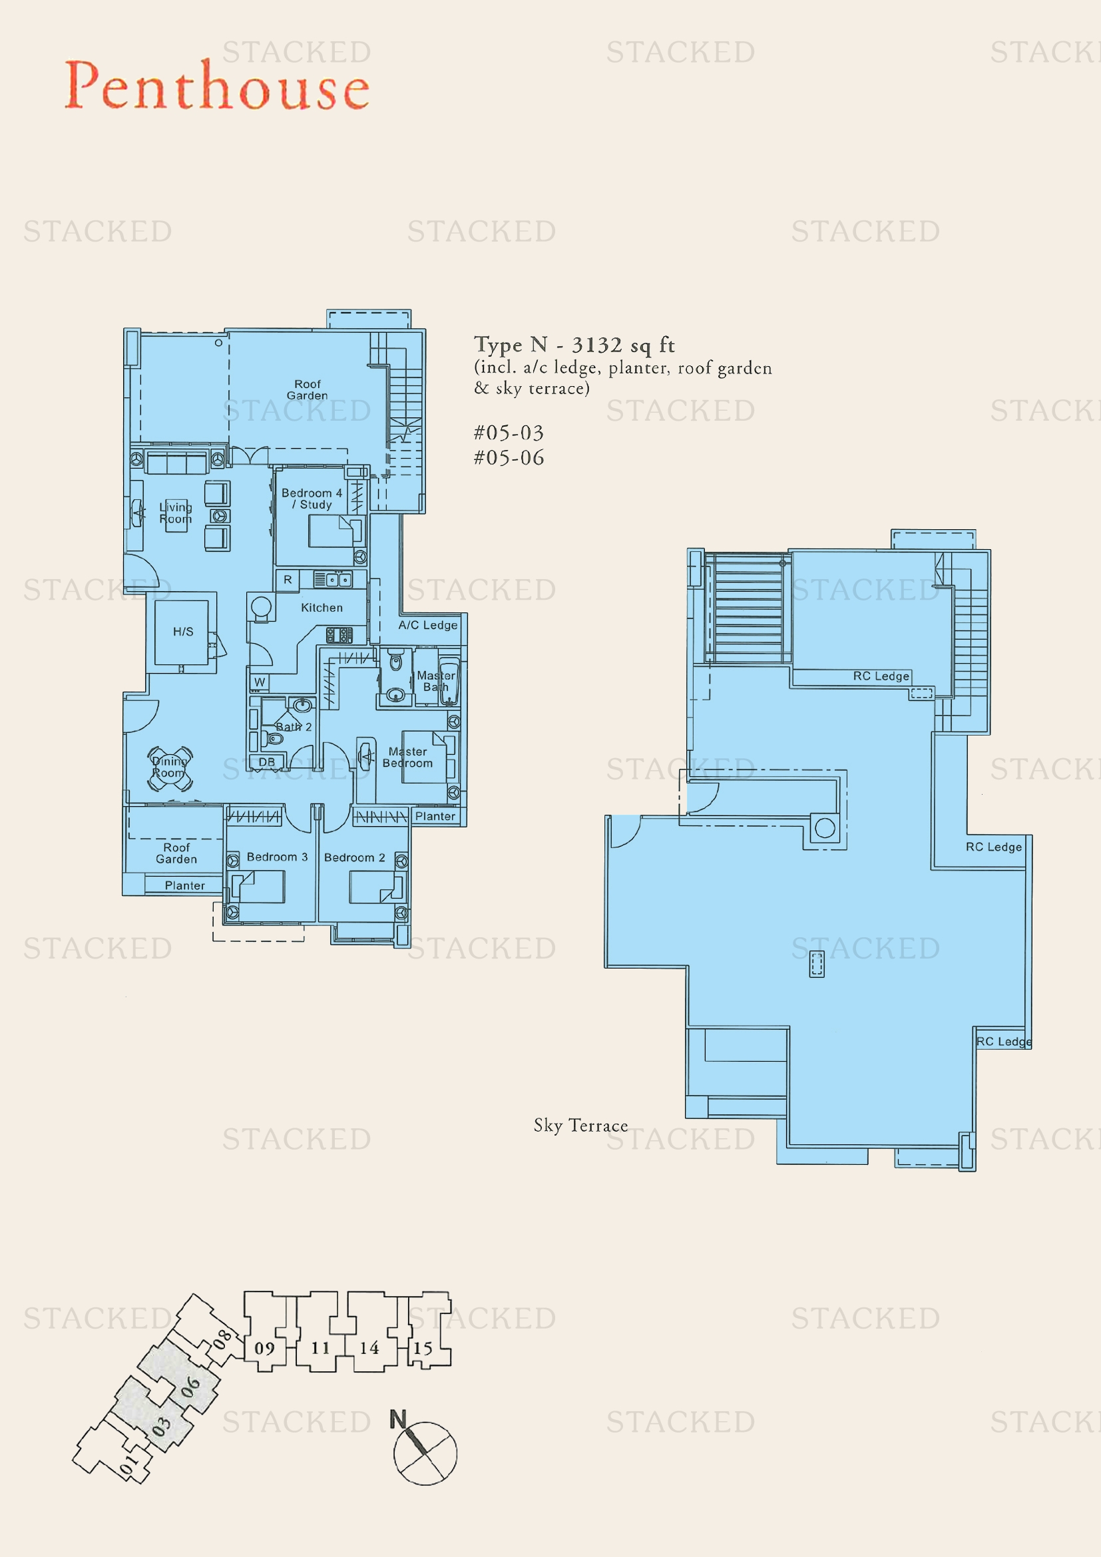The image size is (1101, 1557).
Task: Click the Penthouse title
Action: click(x=217, y=86)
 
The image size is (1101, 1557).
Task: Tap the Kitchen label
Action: click(x=322, y=608)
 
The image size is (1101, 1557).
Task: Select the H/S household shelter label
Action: click(x=183, y=631)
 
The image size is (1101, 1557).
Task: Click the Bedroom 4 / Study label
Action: click(x=312, y=499)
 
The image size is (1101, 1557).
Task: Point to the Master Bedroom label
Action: click(x=407, y=757)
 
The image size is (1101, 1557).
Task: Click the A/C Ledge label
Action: click(x=427, y=625)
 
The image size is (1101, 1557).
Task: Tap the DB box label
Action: click(x=266, y=762)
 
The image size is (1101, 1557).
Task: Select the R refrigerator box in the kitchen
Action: click(x=288, y=580)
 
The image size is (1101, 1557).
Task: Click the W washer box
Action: click(x=260, y=682)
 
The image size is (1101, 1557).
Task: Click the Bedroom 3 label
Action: click(x=277, y=857)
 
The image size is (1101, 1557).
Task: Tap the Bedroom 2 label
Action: click(x=354, y=858)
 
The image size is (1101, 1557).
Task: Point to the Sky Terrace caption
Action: click(x=580, y=1126)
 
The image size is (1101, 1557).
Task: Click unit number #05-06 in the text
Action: click(x=509, y=458)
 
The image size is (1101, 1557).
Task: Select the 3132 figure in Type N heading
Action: click(x=596, y=345)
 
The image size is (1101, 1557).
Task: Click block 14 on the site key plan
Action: click(x=369, y=1347)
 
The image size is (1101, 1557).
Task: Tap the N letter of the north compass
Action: click(x=398, y=1419)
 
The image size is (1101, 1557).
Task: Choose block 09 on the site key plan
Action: click(x=264, y=1348)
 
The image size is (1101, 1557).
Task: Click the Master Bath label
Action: click(x=435, y=681)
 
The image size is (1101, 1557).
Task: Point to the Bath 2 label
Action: click(x=294, y=727)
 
